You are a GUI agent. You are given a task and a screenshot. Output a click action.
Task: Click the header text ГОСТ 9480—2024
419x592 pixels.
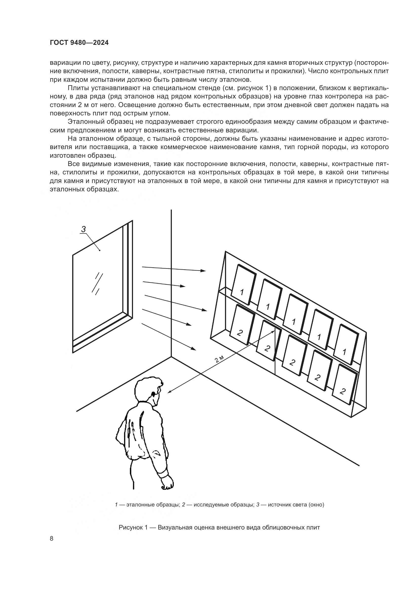point(79,43)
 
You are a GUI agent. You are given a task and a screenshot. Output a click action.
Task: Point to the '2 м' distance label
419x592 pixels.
point(219,359)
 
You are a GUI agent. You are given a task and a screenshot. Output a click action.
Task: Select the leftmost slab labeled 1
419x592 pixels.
point(243,285)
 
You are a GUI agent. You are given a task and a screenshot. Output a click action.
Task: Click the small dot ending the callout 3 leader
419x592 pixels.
point(100,250)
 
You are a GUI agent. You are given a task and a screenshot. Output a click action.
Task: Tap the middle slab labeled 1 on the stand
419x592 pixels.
point(294,314)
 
